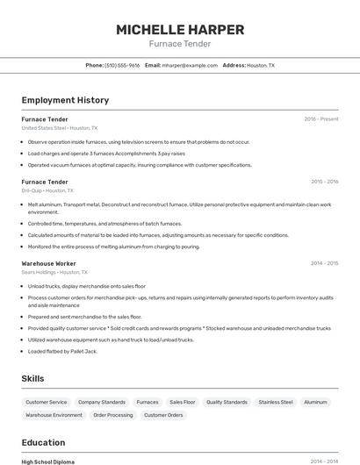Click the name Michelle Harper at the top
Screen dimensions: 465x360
pos(179,29)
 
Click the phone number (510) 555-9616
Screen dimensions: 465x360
pos(122,65)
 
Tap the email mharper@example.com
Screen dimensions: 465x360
pos(190,65)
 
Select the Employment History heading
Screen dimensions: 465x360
pos(65,100)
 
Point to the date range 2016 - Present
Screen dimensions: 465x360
pos(321,119)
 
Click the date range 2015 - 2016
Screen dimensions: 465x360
pos(324,182)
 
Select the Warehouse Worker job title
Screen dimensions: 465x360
pos(48,263)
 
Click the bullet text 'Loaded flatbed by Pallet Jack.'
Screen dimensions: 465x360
pos(62,351)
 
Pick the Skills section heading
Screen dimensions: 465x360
pos(33,378)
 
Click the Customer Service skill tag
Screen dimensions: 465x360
pos(46,402)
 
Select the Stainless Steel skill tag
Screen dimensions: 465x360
pos(276,402)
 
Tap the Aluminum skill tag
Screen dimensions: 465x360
pos(315,402)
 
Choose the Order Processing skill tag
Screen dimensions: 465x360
pos(113,415)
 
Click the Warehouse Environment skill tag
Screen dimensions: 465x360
pos(54,415)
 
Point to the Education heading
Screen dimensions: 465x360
pos(43,442)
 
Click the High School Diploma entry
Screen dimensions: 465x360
pos(48,461)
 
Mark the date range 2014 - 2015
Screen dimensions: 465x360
pos(324,263)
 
